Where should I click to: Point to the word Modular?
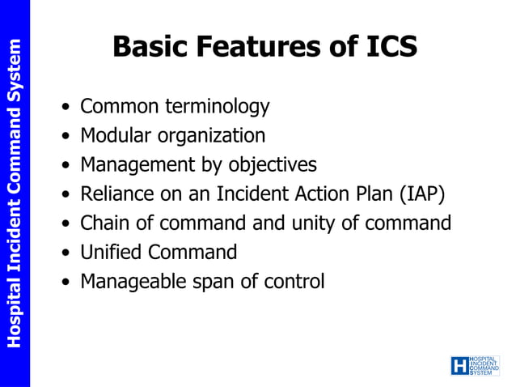point(113,136)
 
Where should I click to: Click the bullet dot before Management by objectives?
point(66,166)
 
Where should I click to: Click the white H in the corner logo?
point(459,366)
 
